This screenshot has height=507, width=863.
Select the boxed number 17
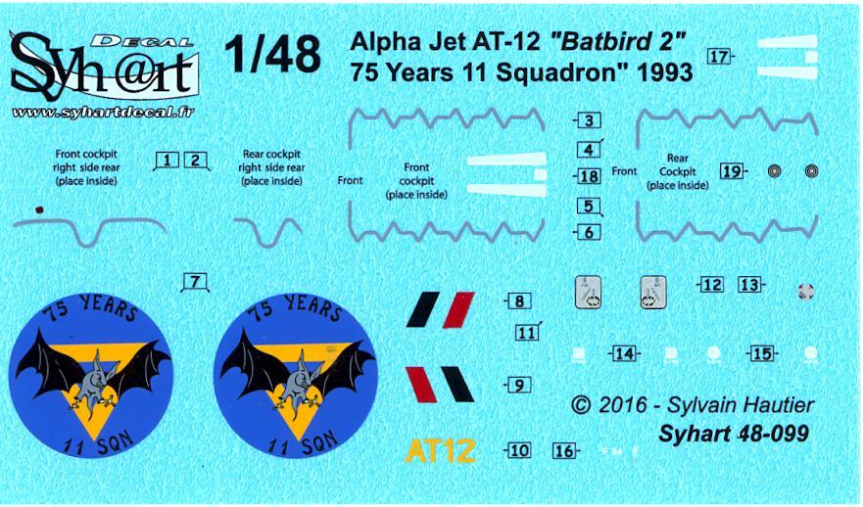pyautogui.click(x=721, y=57)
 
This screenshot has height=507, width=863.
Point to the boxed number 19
pyautogui.click(x=731, y=171)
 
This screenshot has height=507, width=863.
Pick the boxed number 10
pyautogui.click(x=518, y=451)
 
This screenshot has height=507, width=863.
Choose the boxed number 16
pyautogui.click(x=563, y=451)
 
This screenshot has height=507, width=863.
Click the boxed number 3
pyautogui.click(x=589, y=121)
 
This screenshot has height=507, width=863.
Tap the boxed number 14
pyautogui.click(x=624, y=353)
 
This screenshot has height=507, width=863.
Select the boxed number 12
pyautogui.click(x=712, y=285)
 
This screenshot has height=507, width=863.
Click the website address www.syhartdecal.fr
pyautogui.click(x=103, y=113)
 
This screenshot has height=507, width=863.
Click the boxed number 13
pyautogui.click(x=750, y=285)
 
